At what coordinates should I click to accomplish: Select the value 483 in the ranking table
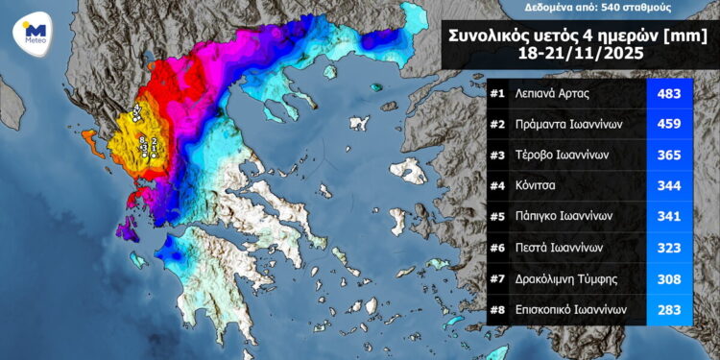point(669,94)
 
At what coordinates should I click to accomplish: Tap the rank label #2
point(497,124)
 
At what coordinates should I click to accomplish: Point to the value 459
point(669,124)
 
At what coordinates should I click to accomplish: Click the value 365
point(669,155)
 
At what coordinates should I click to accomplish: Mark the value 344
point(669,185)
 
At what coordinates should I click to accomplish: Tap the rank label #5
point(497,217)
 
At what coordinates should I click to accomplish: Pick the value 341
point(669,217)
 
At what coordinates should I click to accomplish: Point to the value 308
point(669,278)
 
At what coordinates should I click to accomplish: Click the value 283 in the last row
point(669,310)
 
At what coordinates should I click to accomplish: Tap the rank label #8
point(497,310)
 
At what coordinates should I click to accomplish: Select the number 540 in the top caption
point(617,7)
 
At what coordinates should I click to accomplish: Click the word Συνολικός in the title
point(487,36)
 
